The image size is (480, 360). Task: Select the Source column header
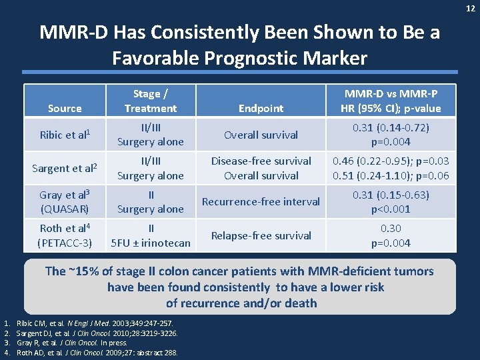(65, 108)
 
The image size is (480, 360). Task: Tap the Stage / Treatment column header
(151, 101)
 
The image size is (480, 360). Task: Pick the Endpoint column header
(261, 108)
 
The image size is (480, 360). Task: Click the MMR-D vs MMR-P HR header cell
(391, 101)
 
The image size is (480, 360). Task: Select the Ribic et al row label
(65, 135)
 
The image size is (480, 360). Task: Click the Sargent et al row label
(65, 168)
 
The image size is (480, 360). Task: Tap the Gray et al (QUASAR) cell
(65, 201)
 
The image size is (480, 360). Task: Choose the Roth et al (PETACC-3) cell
(65, 235)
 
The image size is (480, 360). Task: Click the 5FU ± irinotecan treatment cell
(151, 243)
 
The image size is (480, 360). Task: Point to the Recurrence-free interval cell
(261, 201)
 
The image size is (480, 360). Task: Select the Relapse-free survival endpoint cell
(261, 235)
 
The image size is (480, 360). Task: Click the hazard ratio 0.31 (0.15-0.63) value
(391, 195)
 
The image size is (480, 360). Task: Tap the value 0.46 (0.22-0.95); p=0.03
(391, 161)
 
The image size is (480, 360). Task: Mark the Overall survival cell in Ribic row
(261, 135)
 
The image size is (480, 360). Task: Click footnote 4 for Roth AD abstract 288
(97, 353)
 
